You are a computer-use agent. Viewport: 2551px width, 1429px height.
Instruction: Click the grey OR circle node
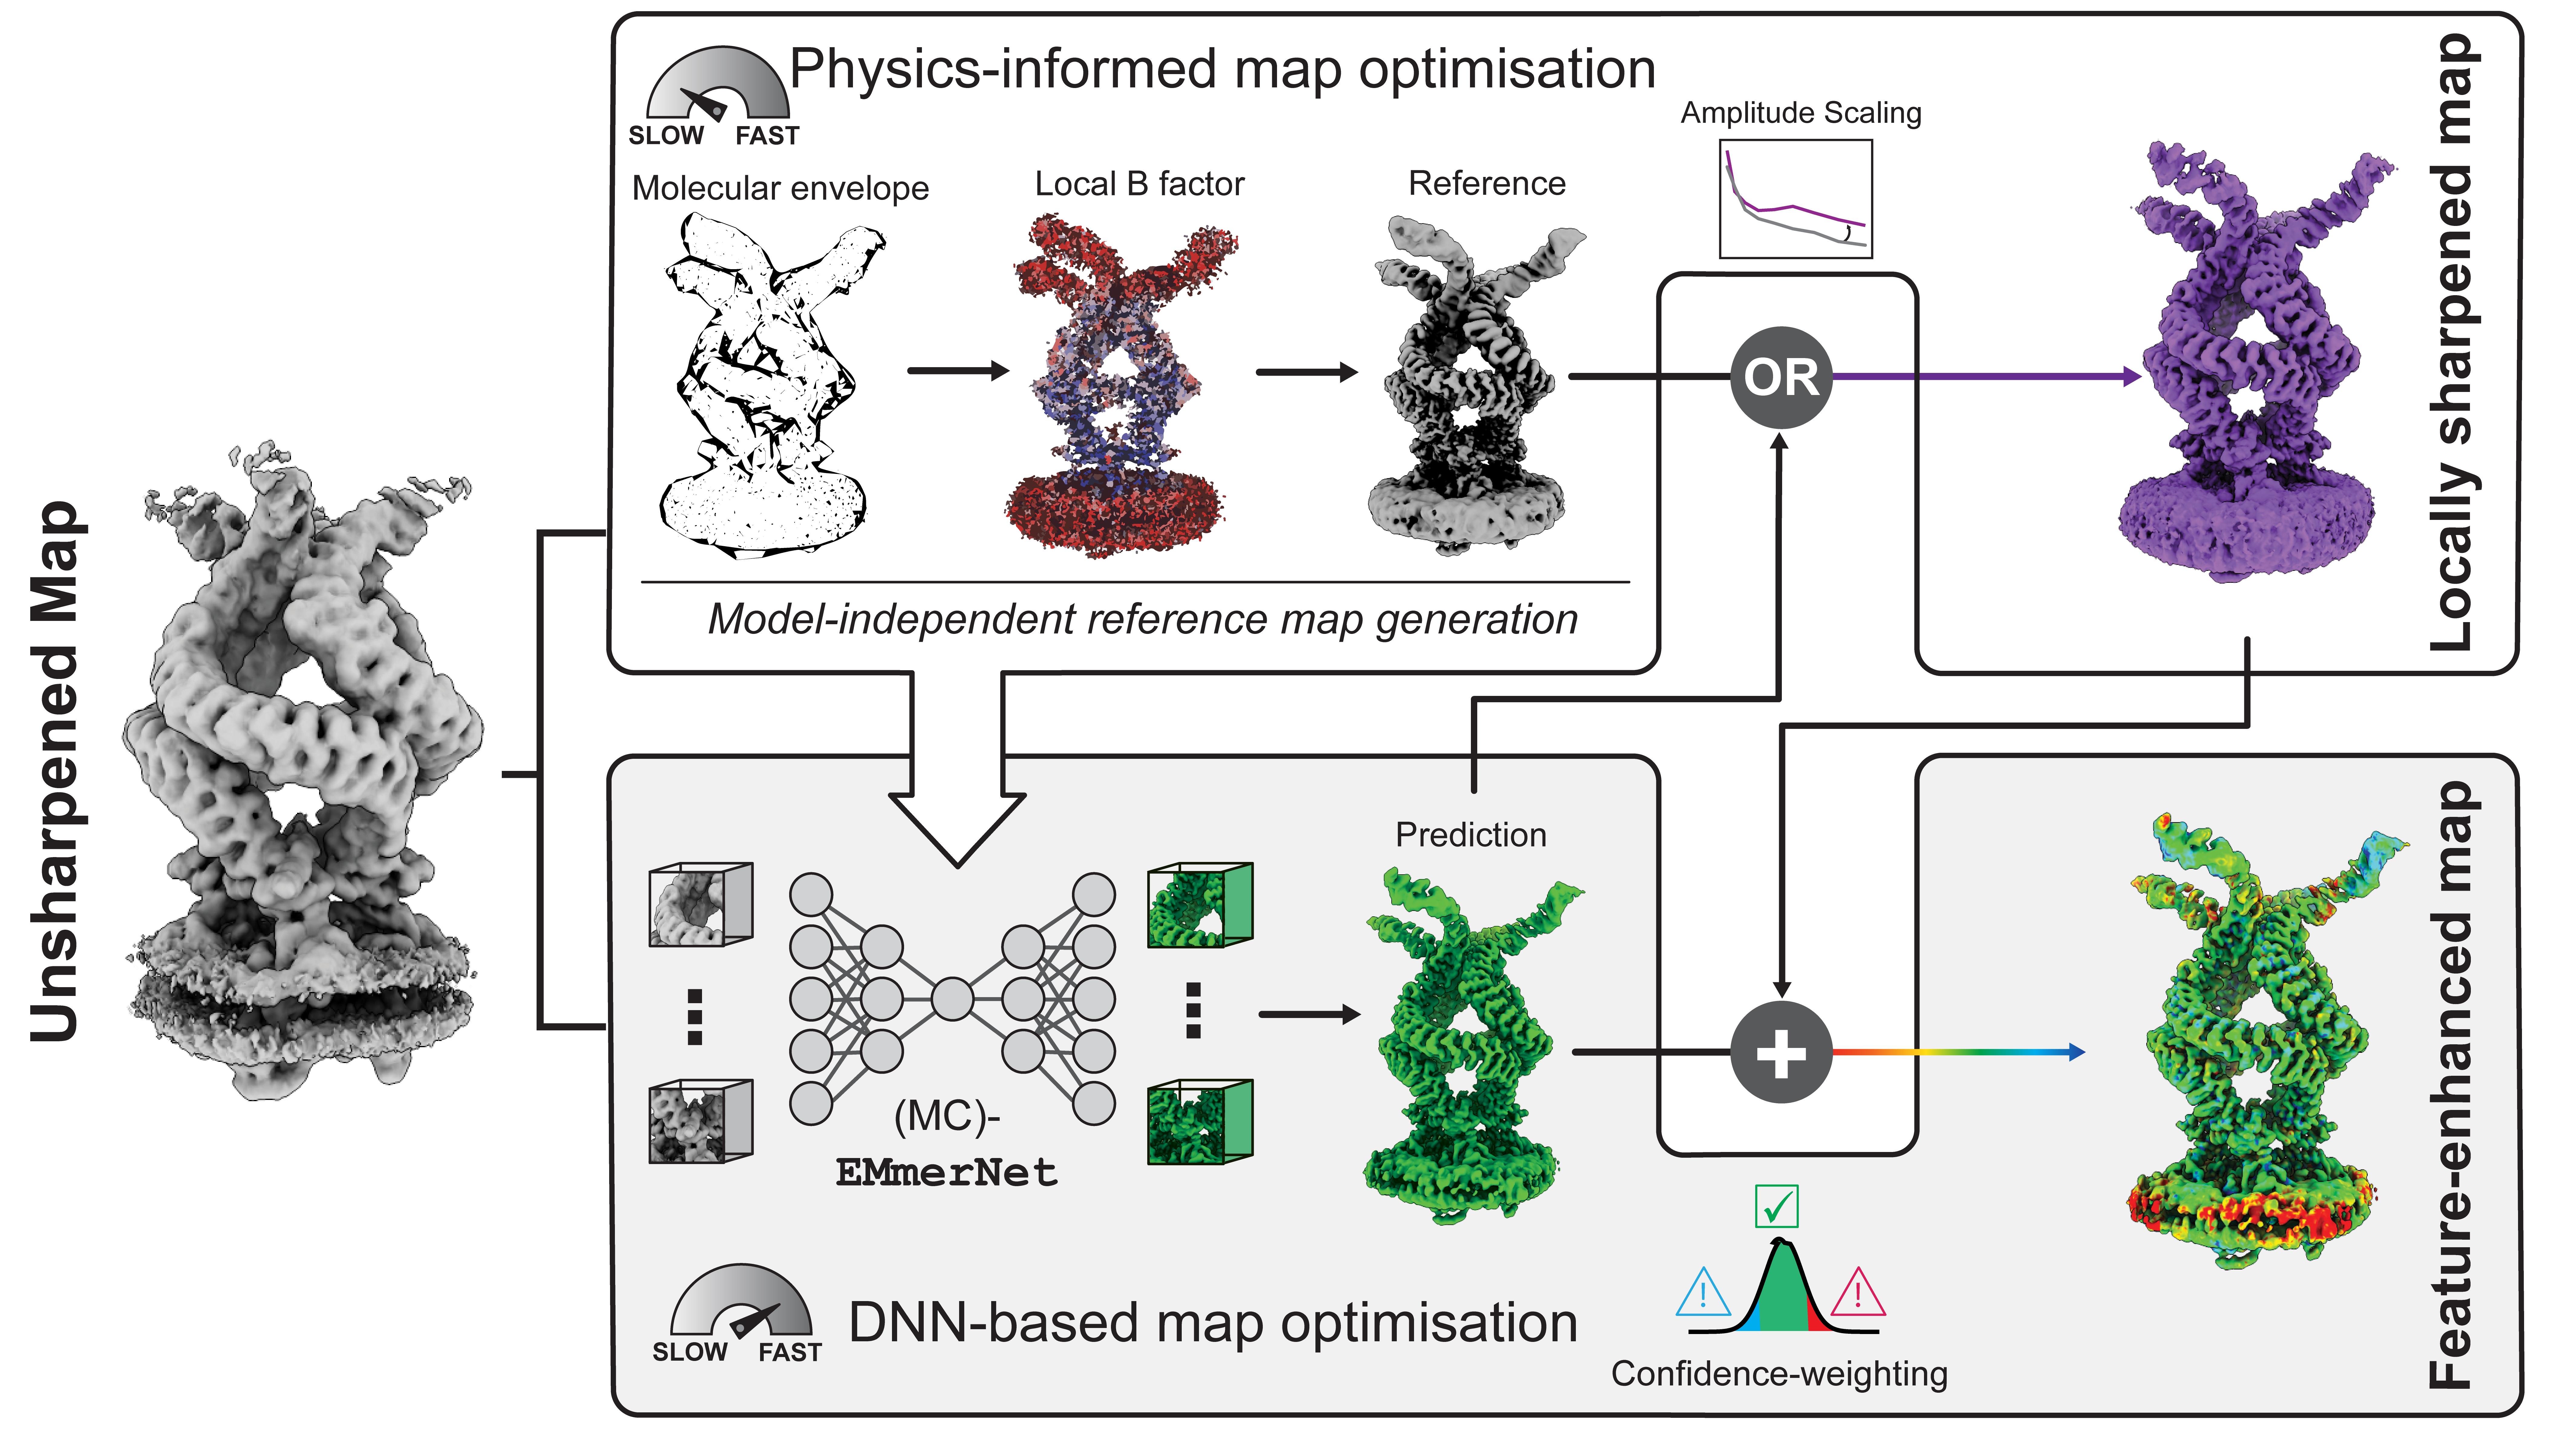coord(1781,376)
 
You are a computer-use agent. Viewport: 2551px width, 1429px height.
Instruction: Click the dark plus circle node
coord(1781,1053)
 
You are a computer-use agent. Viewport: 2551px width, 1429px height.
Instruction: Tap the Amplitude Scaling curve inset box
coord(1795,198)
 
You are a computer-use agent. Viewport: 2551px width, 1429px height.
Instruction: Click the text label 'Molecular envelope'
coord(780,188)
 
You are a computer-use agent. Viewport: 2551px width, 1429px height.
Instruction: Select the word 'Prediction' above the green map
coord(1471,835)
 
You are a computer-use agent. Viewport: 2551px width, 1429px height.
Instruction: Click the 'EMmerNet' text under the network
coord(947,1173)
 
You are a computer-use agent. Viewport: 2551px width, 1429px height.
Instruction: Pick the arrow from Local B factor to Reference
coord(1306,372)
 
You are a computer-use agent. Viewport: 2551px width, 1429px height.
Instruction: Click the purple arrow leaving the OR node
coord(1987,376)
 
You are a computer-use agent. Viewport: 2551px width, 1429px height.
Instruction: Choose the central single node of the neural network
coord(952,999)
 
